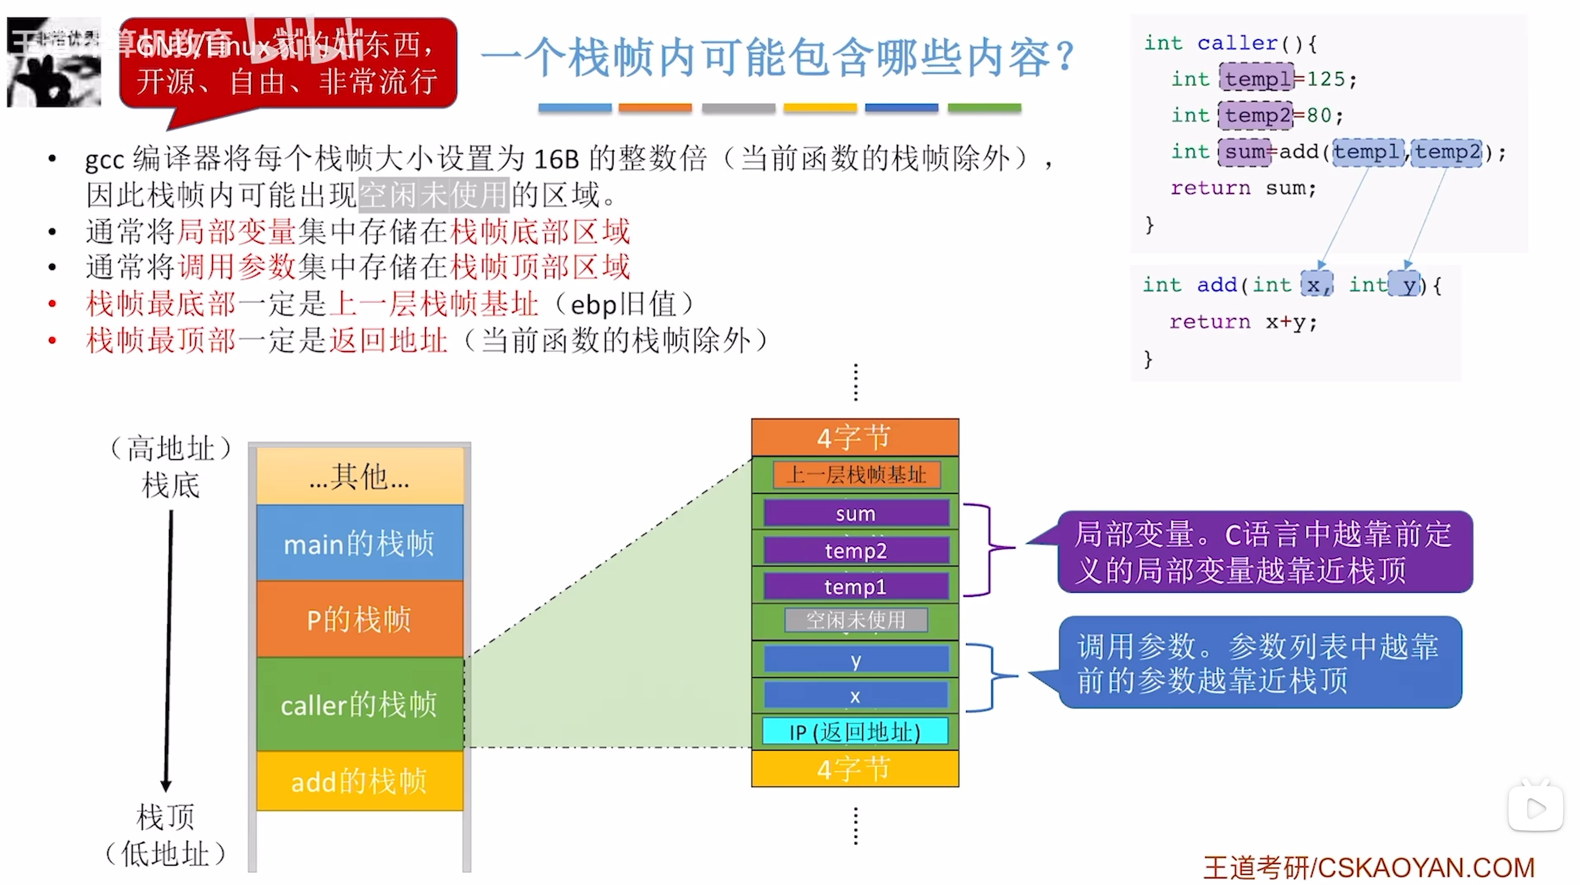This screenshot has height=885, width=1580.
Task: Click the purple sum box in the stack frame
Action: [x=856, y=513]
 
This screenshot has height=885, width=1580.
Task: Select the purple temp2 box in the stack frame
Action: [x=856, y=550]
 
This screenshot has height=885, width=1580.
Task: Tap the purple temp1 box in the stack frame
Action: [x=856, y=586]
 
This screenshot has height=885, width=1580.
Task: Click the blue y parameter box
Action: [x=856, y=660]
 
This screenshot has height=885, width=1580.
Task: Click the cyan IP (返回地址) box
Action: [x=855, y=731]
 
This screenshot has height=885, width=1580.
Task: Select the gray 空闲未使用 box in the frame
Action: [x=856, y=619]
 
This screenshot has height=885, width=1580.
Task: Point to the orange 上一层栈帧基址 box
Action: [x=856, y=474]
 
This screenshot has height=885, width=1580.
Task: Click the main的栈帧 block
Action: [x=360, y=543]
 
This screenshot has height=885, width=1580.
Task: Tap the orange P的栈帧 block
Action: [x=360, y=619]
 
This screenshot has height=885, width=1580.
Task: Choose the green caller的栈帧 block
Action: [x=360, y=704]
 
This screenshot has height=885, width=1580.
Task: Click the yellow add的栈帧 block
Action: [x=360, y=781]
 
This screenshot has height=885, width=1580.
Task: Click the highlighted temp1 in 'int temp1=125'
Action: [x=1256, y=79]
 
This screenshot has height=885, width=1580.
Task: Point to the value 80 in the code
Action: [x=1319, y=115]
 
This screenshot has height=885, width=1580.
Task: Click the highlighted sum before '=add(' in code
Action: [x=1245, y=152]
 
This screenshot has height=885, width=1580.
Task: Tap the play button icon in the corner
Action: [x=1535, y=808]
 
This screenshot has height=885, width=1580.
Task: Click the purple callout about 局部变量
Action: [x=1263, y=551]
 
